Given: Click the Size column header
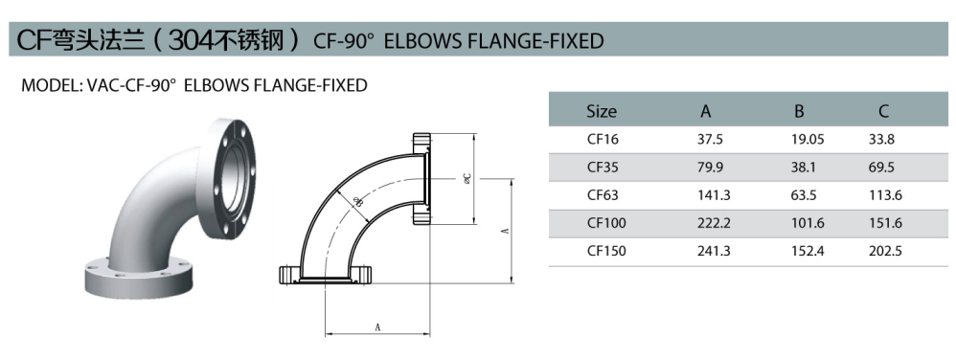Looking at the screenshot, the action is tap(602, 111).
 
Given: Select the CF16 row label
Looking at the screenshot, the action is tap(603, 140).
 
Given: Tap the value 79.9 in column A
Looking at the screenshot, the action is tap(710, 168).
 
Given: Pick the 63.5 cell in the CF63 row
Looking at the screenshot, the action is tap(804, 195).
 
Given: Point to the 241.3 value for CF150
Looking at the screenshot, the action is tap(714, 251).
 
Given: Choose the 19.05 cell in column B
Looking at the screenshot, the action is tap(808, 140).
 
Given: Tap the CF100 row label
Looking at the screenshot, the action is tap(606, 223).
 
